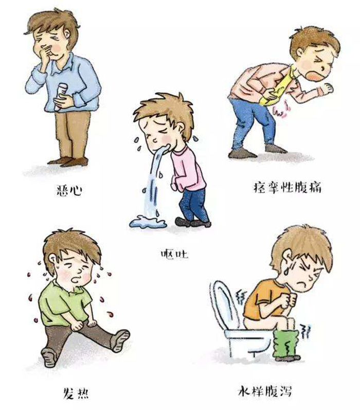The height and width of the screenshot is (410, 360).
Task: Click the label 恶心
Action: (69, 190)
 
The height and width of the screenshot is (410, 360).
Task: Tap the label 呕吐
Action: (174, 254)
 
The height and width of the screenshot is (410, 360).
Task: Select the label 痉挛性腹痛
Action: (287, 187)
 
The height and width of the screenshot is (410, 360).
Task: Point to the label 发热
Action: (76, 393)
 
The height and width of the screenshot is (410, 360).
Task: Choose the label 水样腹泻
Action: (264, 391)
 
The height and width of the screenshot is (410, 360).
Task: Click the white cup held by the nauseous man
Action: (60, 96)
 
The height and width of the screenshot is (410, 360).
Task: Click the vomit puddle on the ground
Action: (148, 222)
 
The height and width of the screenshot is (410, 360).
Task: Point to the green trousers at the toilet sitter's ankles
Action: (286, 343)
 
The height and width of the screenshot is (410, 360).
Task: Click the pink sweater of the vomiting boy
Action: (187, 169)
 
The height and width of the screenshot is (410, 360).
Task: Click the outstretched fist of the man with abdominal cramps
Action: (327, 88)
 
